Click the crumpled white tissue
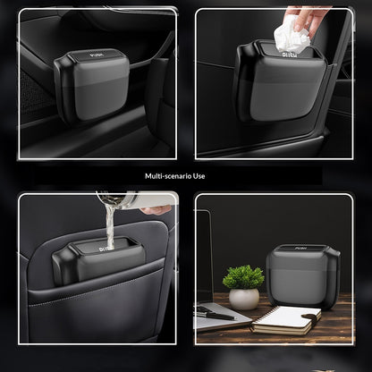291,36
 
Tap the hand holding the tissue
306,19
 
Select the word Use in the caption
199,176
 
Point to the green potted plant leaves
243,277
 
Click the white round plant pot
244,299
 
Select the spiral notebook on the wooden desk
286,320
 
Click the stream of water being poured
110,226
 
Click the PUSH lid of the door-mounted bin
96,55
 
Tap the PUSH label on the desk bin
299,248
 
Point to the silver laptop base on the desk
221,317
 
